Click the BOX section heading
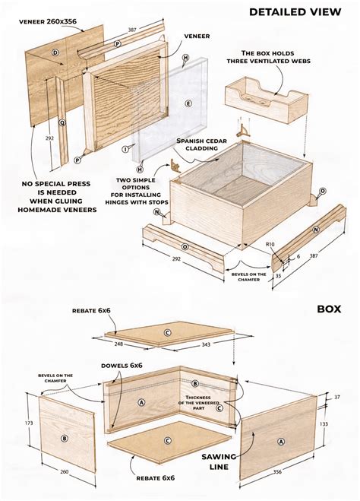(x=329, y=309)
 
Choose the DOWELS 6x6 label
(x=126, y=366)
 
